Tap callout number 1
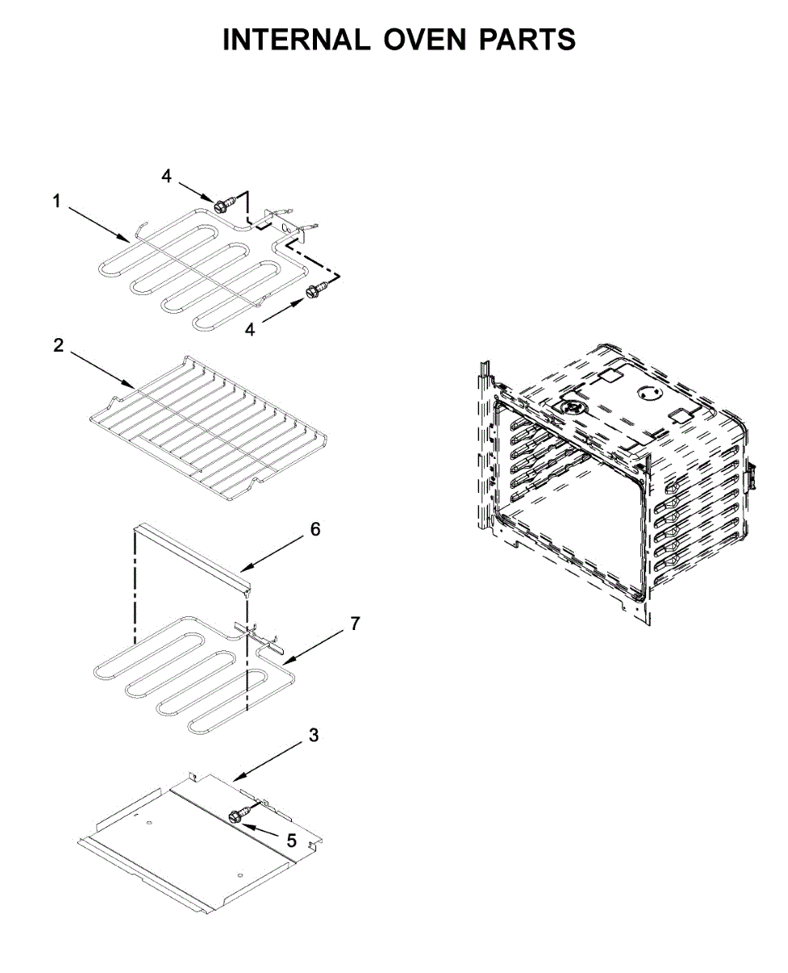(57, 201)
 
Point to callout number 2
(58, 345)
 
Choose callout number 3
(314, 736)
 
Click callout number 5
(292, 841)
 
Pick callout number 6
(315, 529)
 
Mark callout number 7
(355, 624)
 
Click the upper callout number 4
(166, 175)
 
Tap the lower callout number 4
(250, 330)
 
